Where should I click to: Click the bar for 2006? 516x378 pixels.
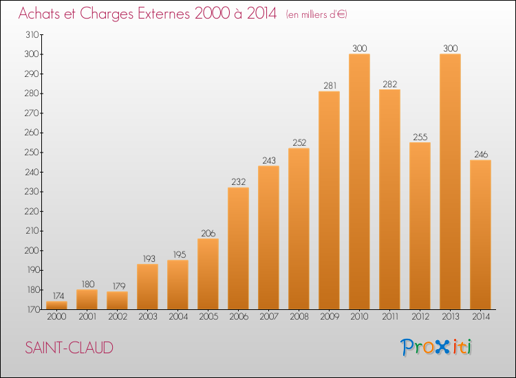click(238, 249)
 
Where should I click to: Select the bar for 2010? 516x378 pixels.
click(359, 181)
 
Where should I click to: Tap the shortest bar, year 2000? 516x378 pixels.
click(56, 305)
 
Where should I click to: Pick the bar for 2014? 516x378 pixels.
click(480, 234)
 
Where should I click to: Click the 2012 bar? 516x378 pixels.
click(420, 226)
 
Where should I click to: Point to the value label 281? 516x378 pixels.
click(330, 86)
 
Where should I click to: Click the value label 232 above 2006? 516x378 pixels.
click(239, 181)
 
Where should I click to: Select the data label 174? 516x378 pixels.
click(58, 296)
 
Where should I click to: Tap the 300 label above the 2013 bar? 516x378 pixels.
click(451, 48)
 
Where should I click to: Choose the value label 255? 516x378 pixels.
click(420, 137)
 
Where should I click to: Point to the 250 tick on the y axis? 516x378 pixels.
click(32, 153)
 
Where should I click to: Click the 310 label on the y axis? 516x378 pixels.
click(32, 34)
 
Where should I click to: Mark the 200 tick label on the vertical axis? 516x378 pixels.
click(32, 250)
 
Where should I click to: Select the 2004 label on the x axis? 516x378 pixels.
click(178, 317)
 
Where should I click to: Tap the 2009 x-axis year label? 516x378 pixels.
click(330, 317)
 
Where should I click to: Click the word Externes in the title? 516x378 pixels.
click(164, 14)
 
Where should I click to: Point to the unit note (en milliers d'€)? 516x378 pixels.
click(316, 15)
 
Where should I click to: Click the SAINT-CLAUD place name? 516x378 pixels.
click(69, 348)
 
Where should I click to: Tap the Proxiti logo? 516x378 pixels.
click(436, 347)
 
